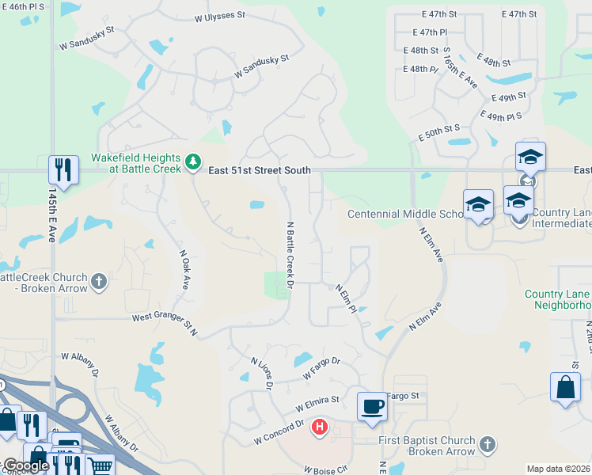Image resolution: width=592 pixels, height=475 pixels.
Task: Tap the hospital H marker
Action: (320, 427)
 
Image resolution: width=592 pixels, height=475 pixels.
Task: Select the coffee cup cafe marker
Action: (372, 407)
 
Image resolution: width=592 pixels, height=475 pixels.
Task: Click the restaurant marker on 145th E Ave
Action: (63, 169)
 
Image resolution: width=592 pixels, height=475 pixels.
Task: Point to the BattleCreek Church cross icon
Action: (98, 282)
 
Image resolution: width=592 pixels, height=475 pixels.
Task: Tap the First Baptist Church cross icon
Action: (488, 446)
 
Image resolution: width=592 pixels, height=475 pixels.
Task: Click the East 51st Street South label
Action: (260, 170)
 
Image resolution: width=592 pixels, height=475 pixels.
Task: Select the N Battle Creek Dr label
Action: (290, 254)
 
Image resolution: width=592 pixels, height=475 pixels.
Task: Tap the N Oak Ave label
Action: (184, 270)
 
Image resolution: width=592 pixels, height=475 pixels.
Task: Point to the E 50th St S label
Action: (439, 132)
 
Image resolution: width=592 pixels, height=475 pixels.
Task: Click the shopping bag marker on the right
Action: (565, 389)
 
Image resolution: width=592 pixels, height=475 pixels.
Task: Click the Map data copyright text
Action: (559, 469)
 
